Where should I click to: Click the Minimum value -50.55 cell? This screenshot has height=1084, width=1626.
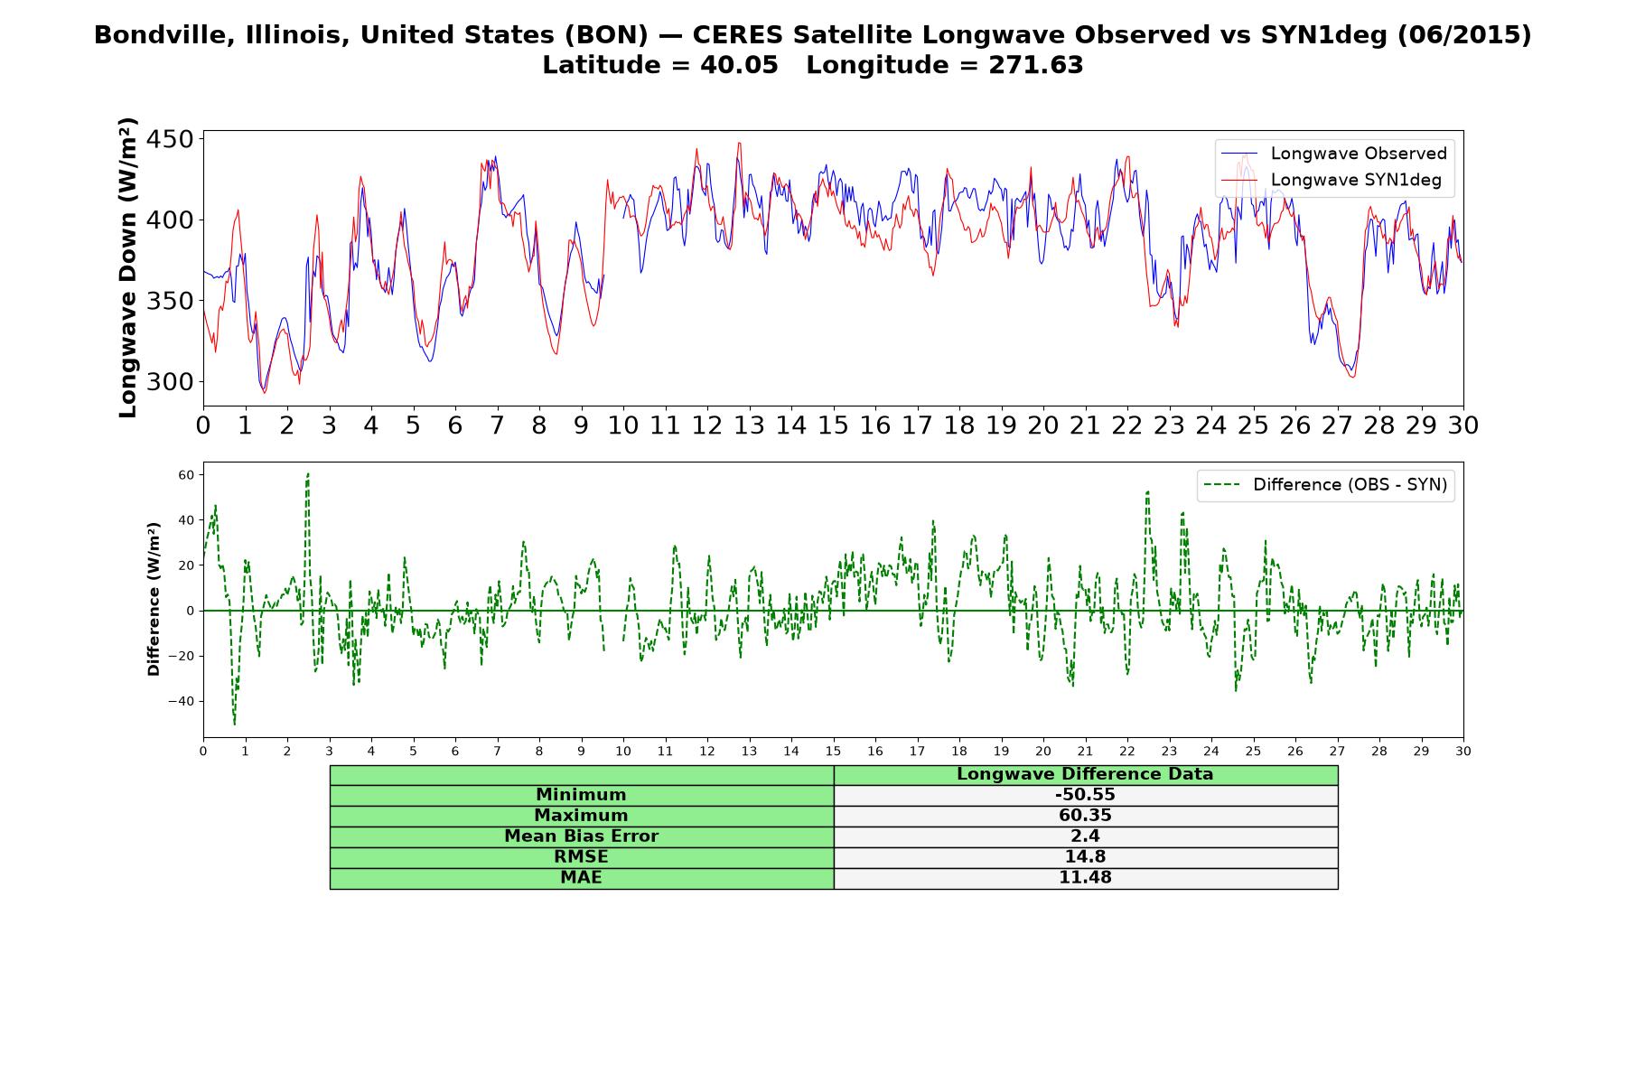point(1085,795)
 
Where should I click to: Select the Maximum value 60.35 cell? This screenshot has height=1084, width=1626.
point(1085,816)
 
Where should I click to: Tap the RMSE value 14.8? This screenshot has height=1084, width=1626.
point(1085,857)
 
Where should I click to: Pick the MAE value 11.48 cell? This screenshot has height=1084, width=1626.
point(1085,878)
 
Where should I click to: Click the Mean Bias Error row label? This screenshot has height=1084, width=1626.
point(581,836)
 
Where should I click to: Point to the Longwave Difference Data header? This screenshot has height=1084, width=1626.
point(1085,774)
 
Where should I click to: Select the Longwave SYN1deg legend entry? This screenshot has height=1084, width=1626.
point(1331,180)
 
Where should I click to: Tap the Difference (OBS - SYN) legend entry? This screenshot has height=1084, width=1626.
point(1324,485)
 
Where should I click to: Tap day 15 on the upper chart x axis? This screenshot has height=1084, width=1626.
point(833,425)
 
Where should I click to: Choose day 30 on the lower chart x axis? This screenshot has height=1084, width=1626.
point(1463,752)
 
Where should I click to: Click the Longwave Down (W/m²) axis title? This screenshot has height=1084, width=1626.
point(127,267)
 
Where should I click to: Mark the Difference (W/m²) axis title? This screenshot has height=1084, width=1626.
point(154,600)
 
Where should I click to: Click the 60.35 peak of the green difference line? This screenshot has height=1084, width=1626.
point(308,473)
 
